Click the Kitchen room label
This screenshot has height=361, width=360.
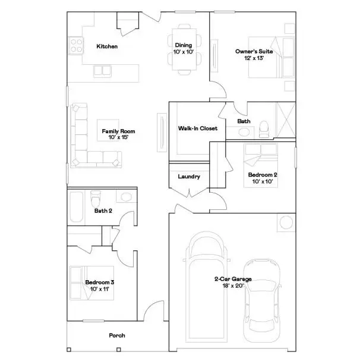click(107, 46)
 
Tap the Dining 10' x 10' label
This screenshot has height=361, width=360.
click(183, 49)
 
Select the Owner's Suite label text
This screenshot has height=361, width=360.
click(254, 55)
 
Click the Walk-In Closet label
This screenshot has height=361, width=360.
click(197, 128)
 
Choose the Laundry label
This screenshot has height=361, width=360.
click(189, 177)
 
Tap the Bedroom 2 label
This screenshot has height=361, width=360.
click(263, 178)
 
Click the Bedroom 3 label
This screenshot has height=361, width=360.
click(99, 285)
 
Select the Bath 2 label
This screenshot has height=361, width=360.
click(103, 211)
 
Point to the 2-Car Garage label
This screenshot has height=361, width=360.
click(233, 282)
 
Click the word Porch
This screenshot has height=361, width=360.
click(117, 335)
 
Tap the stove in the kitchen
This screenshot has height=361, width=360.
click(75, 43)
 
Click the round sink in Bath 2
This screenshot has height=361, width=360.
click(125, 197)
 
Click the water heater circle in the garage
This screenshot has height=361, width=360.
click(285, 222)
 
